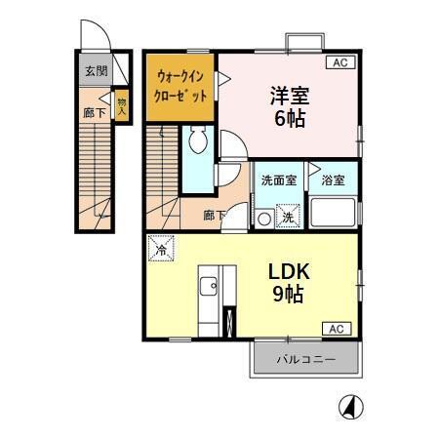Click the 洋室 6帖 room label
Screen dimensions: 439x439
click(289, 104)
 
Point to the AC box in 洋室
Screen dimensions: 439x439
click(339, 62)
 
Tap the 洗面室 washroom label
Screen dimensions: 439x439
click(278, 180)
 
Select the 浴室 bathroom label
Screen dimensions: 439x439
click(334, 180)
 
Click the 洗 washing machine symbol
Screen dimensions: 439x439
click(289, 216)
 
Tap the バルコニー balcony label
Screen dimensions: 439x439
click(305, 360)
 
